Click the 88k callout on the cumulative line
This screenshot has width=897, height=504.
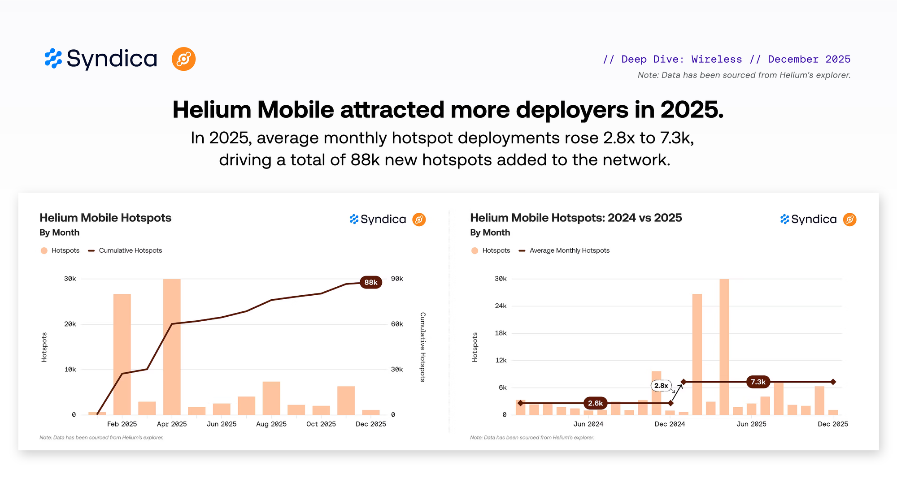point(370,282)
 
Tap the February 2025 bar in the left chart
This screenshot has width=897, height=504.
point(122,354)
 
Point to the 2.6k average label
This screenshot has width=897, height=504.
point(595,403)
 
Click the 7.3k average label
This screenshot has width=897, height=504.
point(758,382)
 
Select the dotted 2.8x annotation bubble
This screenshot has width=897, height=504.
point(661,385)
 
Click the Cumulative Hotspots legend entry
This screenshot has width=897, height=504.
point(130,250)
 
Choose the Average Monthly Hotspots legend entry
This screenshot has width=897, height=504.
point(569,250)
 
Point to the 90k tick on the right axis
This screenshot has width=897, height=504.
point(397,279)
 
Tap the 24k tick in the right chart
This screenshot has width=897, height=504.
point(501,306)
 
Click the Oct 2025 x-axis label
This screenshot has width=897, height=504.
point(321,424)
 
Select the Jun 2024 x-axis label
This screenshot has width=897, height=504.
point(588,424)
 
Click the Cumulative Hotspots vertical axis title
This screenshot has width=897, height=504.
point(422,347)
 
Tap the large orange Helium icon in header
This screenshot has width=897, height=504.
point(183,59)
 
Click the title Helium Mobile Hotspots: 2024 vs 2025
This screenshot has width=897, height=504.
point(576,218)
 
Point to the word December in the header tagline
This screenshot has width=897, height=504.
point(793,59)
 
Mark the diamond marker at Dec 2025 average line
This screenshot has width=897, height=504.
point(833,382)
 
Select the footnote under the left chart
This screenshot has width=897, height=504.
point(101,437)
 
